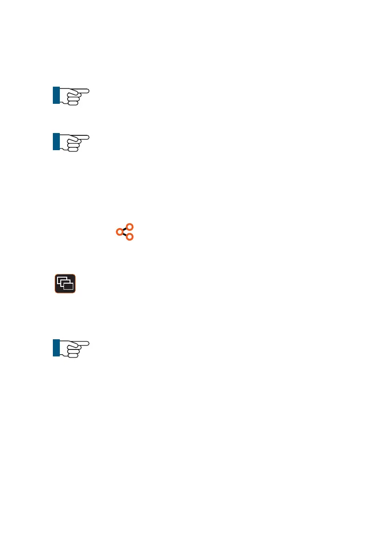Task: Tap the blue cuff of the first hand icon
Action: coord(56,95)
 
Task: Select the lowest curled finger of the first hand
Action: coord(72,103)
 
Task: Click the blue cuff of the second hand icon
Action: coord(56,142)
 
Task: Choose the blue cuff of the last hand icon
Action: coord(56,348)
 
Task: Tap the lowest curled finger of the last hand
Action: coord(72,356)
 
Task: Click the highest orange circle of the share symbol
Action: coord(130,227)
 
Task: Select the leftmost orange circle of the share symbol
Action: coord(120,231)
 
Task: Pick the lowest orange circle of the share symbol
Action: coord(130,237)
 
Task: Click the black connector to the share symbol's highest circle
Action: coord(125,229)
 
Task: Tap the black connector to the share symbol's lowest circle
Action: coord(125,234)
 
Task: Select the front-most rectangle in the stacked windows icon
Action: coord(68,286)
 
